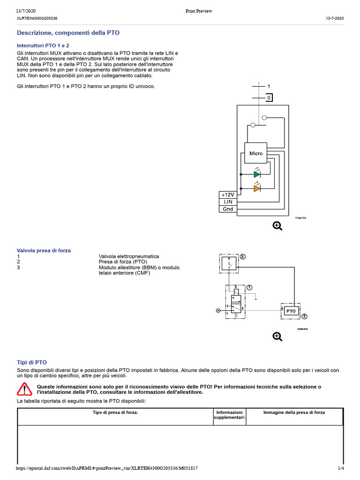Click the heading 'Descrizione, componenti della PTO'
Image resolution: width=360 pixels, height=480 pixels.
pos(68,33)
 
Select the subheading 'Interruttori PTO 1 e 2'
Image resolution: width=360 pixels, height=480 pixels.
pos(43,45)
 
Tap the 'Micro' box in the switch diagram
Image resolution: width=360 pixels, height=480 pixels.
pos(256,153)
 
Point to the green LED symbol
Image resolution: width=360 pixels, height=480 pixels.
pos(257,174)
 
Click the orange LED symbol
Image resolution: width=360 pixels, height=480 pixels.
pos(257,188)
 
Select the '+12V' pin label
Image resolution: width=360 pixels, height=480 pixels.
pos(228,195)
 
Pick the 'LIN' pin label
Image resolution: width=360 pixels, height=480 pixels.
pos(228,202)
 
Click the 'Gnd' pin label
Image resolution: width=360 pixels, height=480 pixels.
pos(228,209)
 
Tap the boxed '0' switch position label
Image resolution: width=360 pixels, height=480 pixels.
pos(269,98)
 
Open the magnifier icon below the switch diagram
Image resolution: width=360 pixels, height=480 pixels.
pos(277,226)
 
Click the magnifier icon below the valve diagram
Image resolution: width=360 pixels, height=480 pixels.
pos(277,336)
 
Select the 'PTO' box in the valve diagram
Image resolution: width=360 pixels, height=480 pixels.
pos(291,311)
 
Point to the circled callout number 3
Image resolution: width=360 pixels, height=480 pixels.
pos(242,257)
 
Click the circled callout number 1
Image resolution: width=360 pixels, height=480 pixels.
pos(249,287)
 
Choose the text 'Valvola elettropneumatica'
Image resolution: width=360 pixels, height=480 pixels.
pos(129,256)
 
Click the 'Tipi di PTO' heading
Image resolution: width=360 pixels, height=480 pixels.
pos(32,362)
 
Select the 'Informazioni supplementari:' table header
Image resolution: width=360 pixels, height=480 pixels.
pos(229,415)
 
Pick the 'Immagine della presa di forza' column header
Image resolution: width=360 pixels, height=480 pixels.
pos(294,412)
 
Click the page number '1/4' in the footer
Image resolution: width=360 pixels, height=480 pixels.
pos(340,468)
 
